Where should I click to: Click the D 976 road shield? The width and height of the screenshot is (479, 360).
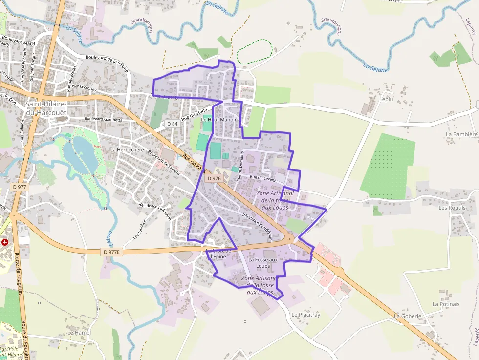pos(214,179)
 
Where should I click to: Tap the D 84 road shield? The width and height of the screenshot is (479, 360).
pos(172,124)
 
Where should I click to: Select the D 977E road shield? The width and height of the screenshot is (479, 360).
pos(112,252)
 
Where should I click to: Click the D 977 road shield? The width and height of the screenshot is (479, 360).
pos(20,187)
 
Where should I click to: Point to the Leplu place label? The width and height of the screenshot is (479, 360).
pos(386,99)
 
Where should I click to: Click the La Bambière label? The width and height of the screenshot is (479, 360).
pos(461,134)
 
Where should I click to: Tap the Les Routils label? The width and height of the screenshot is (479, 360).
pos(452,208)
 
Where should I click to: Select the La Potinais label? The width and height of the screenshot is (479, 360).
pos(446,304)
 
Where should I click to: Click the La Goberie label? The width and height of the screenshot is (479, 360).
pos(408,316)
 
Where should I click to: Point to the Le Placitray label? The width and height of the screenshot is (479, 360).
pos(305,315)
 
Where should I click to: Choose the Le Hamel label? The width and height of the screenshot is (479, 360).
pos(79,333)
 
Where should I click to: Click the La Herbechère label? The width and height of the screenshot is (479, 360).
pos(127,149)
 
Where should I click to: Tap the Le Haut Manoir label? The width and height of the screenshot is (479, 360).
pos(218,119)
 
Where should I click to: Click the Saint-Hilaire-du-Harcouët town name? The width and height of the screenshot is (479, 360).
pos(46,108)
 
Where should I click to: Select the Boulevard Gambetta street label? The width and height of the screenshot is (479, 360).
pos(103,119)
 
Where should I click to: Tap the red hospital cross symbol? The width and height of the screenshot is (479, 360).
pos(5,242)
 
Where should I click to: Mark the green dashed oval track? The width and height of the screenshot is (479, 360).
pos(254,51)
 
